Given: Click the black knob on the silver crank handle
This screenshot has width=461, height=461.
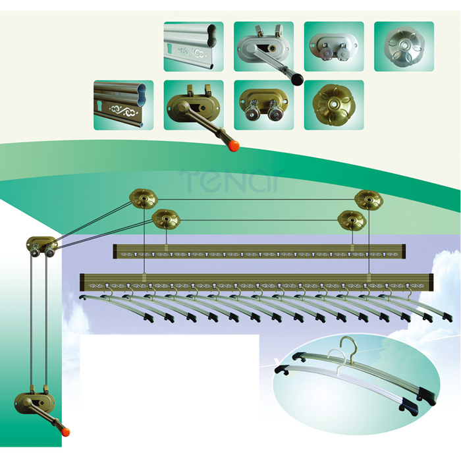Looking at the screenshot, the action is click(296, 80).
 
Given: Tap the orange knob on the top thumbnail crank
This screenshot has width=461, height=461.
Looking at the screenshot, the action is click(234, 146).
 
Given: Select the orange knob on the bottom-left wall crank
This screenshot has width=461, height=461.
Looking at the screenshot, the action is click(65, 432).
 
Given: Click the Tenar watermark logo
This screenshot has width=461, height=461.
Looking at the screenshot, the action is click(232, 180).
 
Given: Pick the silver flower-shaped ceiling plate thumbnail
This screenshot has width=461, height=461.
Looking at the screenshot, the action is click(404, 47).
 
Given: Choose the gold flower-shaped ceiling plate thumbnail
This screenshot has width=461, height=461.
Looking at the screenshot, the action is click(334, 105).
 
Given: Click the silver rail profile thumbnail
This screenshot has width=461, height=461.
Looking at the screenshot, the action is click(194, 47).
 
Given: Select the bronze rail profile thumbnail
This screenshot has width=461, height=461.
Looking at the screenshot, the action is click(124, 105).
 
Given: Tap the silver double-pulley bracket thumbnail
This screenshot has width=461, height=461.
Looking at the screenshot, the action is click(334, 47).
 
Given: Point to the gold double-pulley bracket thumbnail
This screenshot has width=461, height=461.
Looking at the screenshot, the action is click(263, 105).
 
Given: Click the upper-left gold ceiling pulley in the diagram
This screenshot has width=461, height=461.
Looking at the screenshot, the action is click(144, 199).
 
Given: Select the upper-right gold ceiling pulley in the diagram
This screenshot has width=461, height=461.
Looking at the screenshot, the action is click(369, 200).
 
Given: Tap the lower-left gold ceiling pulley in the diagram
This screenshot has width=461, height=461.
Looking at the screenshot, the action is click(166, 219).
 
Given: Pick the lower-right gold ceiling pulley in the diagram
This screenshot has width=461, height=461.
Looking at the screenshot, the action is click(352, 221).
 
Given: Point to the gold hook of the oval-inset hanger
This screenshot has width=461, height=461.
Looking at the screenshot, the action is click(348, 348).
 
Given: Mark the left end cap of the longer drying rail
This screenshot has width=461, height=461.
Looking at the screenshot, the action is click(82, 283).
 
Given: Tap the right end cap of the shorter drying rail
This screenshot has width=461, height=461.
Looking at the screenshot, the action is click(404, 252).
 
